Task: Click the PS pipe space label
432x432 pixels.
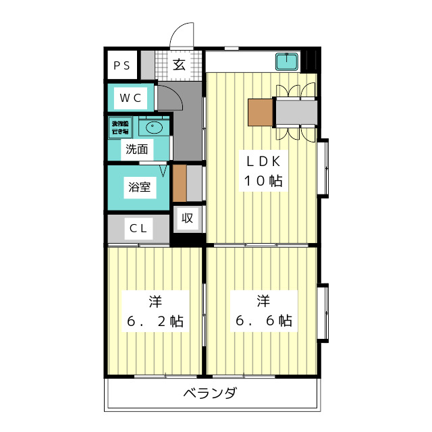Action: click(122, 65)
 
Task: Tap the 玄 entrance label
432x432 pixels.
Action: click(179, 65)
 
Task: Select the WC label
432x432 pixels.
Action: click(131, 98)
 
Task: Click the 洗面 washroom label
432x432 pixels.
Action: click(136, 149)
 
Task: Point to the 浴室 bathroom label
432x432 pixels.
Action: click(140, 187)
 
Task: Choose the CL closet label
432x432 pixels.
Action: click(138, 227)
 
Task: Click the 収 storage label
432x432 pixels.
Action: click(187, 218)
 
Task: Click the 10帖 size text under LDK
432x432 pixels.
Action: click(263, 181)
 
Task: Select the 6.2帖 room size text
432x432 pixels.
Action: click(155, 321)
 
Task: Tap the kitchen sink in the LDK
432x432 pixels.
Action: click(288, 63)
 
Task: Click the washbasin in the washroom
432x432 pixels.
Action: click(155, 126)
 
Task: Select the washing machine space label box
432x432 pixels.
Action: click(123, 127)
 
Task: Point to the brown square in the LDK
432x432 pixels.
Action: click(261, 112)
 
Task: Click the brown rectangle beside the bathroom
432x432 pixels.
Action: click(179, 184)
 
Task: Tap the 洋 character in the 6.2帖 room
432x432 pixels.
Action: click(155, 300)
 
